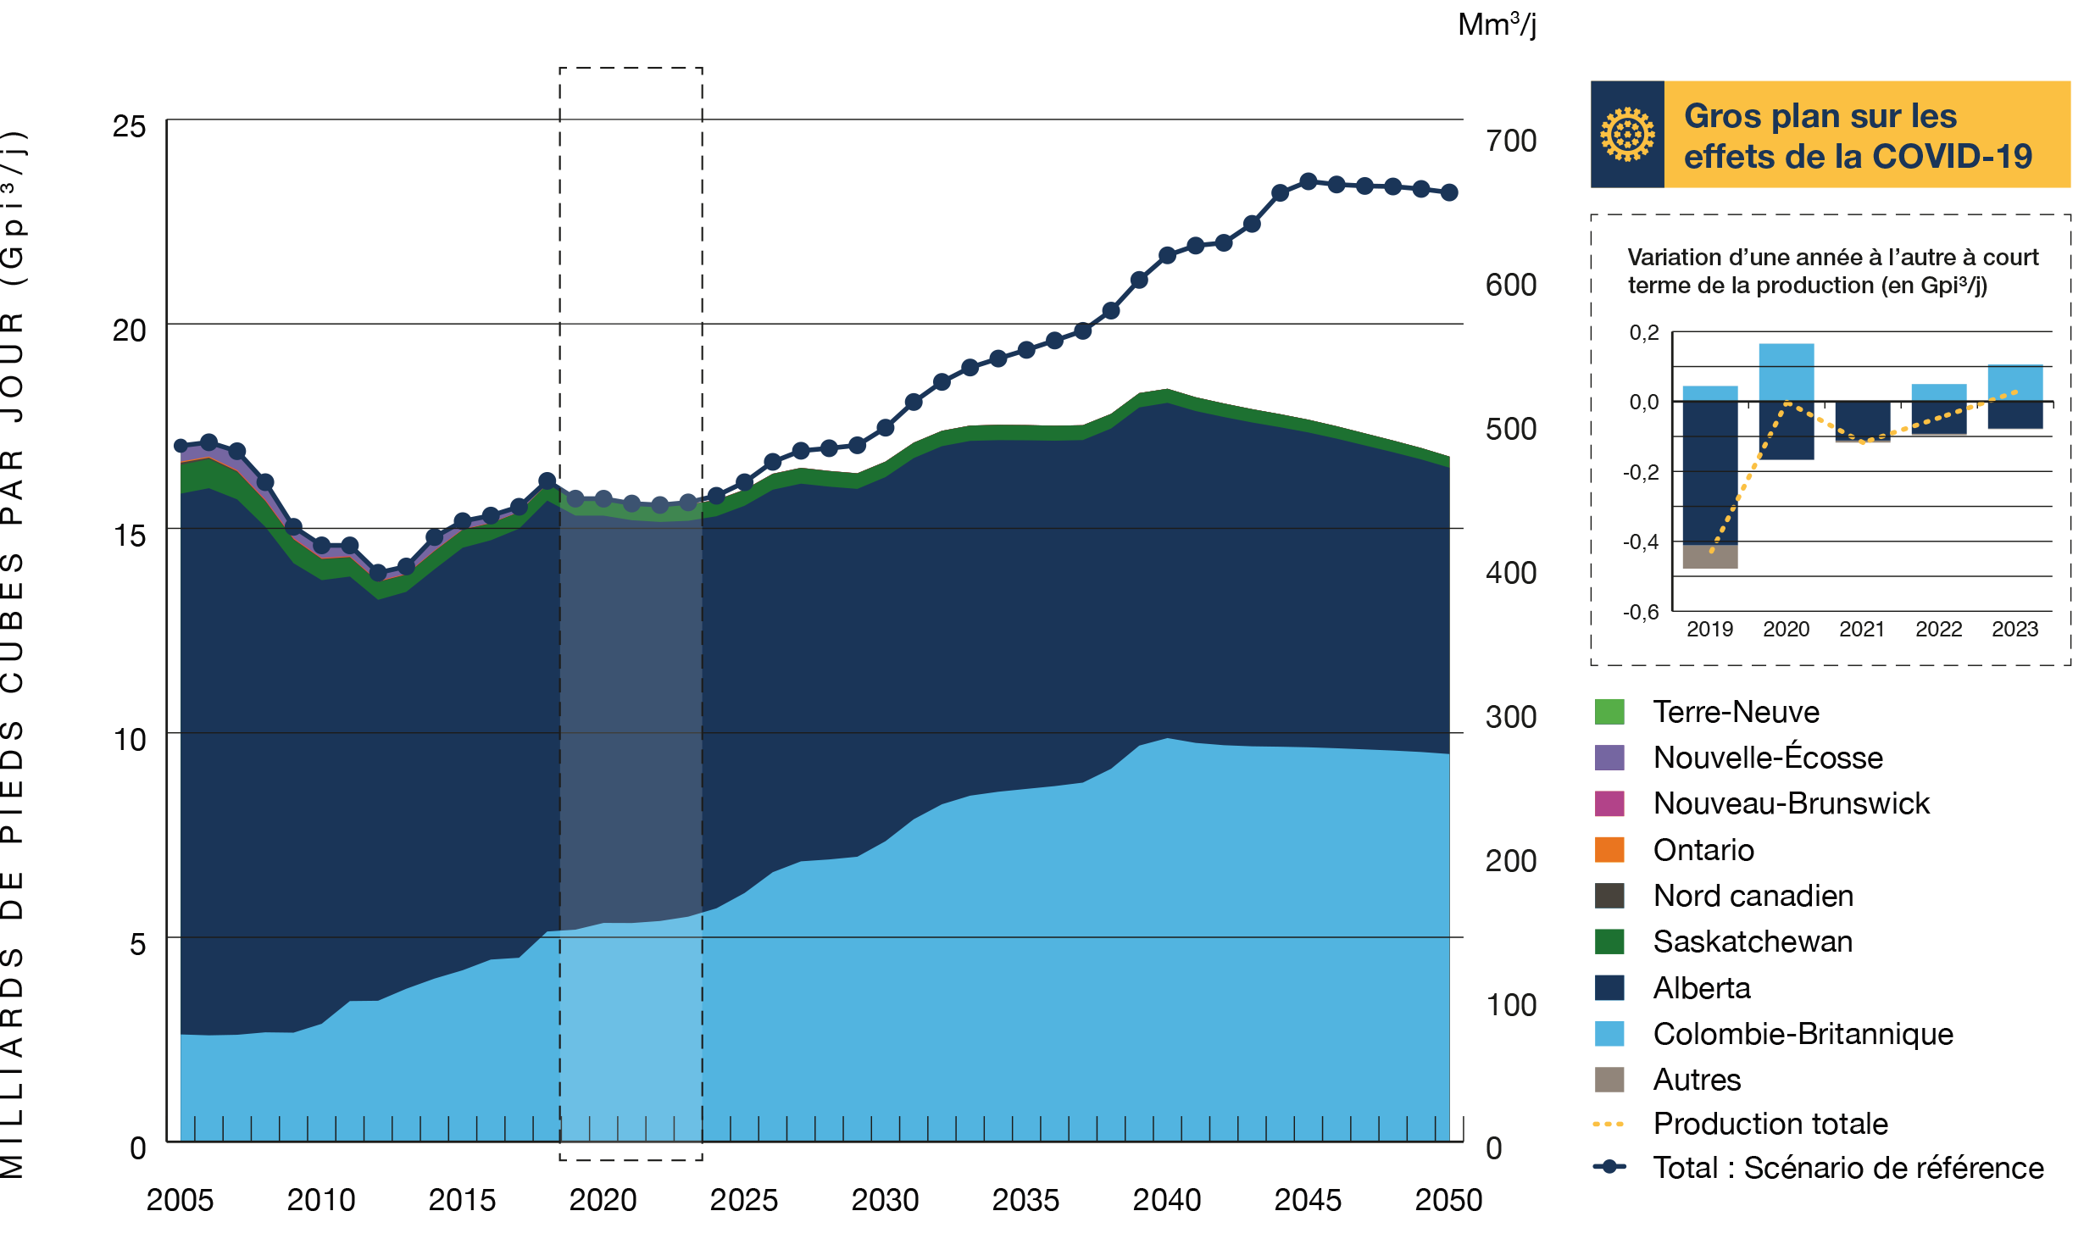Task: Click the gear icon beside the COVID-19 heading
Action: point(1626,134)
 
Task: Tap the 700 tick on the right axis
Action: point(1510,141)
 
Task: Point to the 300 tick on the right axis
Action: point(1510,717)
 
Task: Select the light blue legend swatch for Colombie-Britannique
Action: point(1609,1034)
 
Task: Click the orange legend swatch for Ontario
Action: point(1609,849)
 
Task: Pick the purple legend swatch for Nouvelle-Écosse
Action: point(1609,758)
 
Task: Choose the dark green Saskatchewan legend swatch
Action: point(1609,942)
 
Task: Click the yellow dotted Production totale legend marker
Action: point(1609,1125)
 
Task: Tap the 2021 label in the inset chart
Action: point(1862,629)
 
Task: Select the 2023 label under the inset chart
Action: point(2014,629)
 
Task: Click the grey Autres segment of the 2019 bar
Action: point(1709,557)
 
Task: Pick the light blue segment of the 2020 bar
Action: point(1786,371)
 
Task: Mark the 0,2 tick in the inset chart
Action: point(1643,332)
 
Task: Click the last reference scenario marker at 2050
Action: point(1449,193)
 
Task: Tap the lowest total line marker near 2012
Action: point(378,573)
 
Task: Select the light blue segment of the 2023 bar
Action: point(2014,382)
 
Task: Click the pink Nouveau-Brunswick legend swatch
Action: point(1609,803)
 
